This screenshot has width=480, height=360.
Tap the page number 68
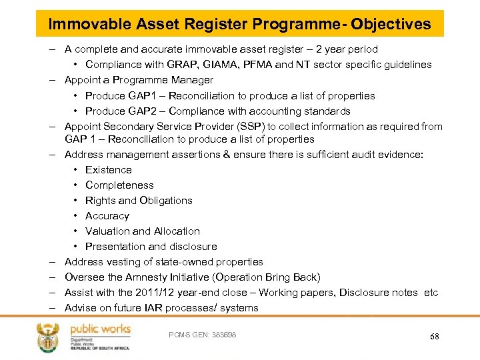tap(435, 337)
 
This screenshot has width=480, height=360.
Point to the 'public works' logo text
tap(100, 329)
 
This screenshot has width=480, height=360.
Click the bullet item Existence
tap(109, 170)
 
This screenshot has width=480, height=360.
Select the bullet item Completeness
tap(119, 185)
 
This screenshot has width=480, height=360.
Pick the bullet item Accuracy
tap(107, 216)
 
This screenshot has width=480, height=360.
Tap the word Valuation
tap(107, 231)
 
